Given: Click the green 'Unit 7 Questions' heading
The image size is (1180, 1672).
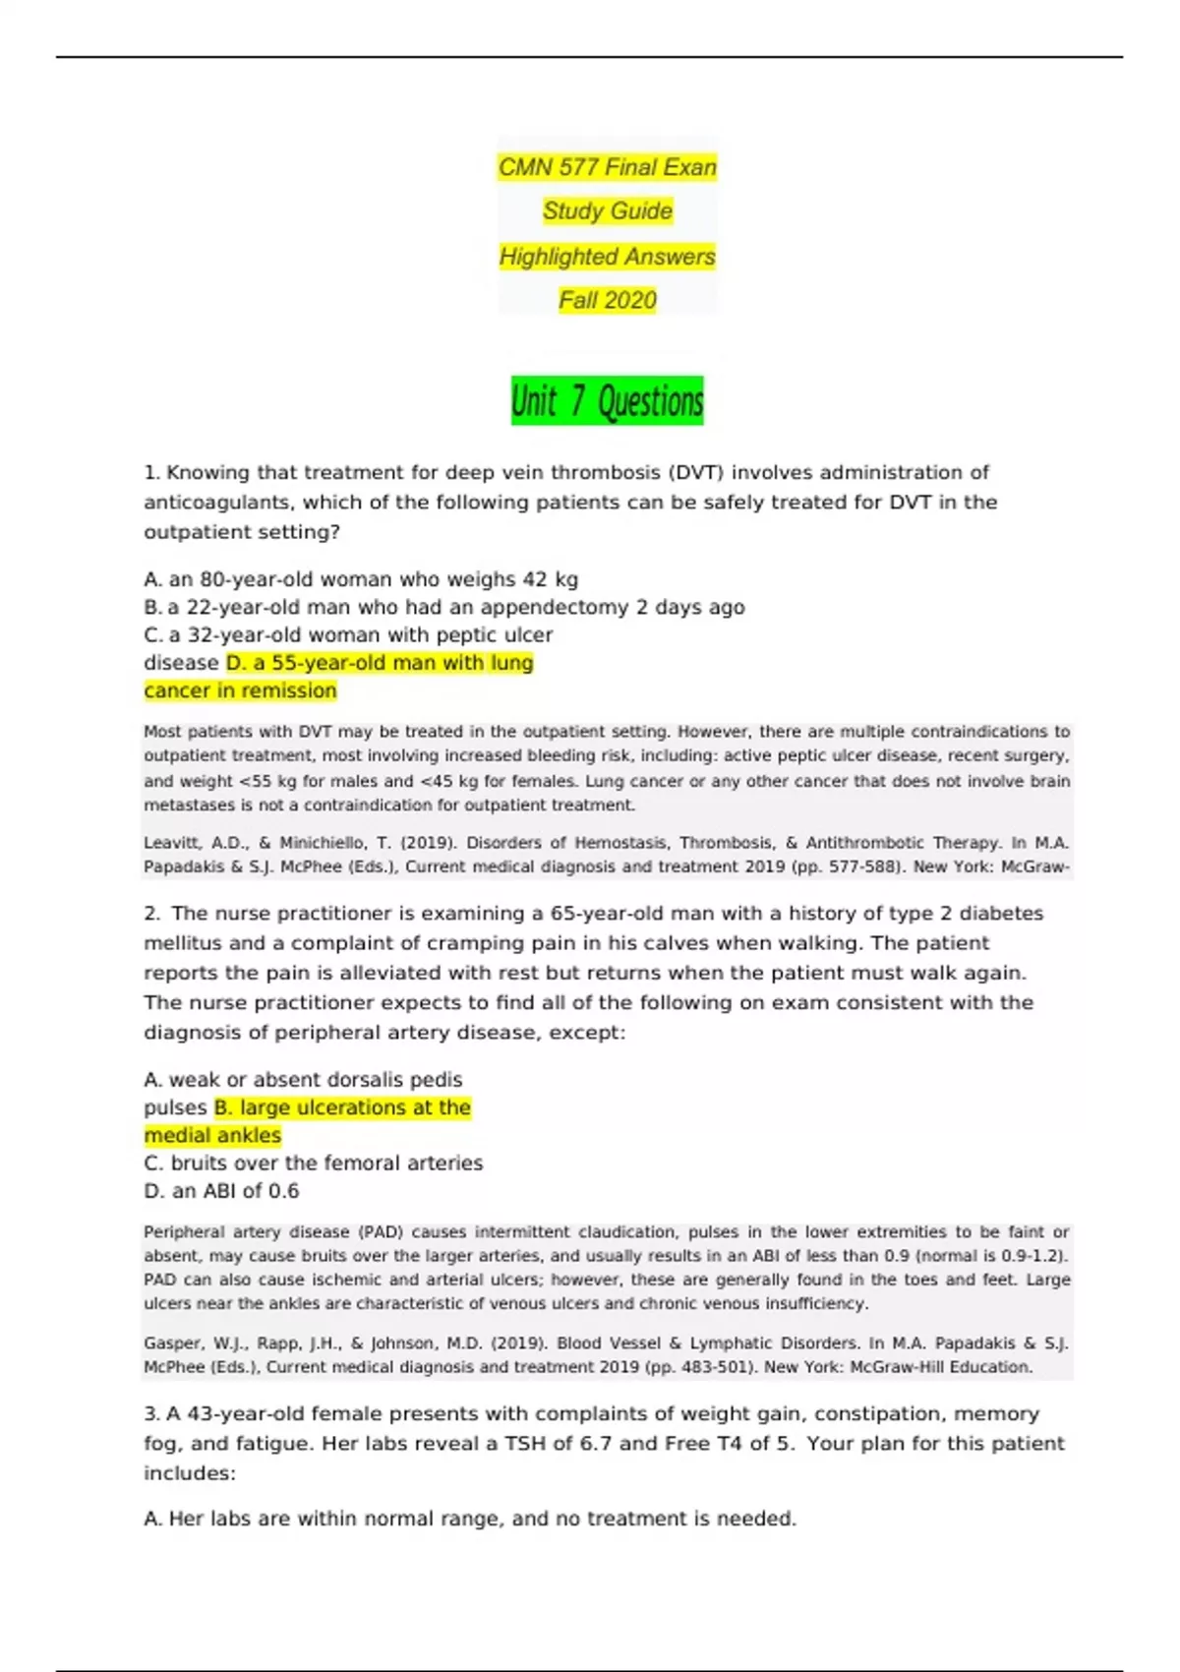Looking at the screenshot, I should [x=607, y=400].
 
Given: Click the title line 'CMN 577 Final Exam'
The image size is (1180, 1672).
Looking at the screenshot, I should [x=607, y=167].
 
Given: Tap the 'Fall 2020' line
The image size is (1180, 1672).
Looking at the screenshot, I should [x=607, y=300].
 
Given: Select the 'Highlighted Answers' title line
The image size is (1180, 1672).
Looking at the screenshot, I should [x=607, y=257].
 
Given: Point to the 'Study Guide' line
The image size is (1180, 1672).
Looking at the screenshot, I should [x=607, y=210].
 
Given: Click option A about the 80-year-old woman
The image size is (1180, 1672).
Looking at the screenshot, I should [x=360, y=579].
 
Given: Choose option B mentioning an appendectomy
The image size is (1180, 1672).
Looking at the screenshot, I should [x=443, y=607].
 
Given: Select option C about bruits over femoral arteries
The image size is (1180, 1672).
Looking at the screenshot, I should [x=313, y=1163].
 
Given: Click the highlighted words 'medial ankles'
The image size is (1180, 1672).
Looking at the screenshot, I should [x=212, y=1135].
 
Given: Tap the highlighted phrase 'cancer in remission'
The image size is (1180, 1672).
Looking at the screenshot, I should [x=240, y=690].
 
